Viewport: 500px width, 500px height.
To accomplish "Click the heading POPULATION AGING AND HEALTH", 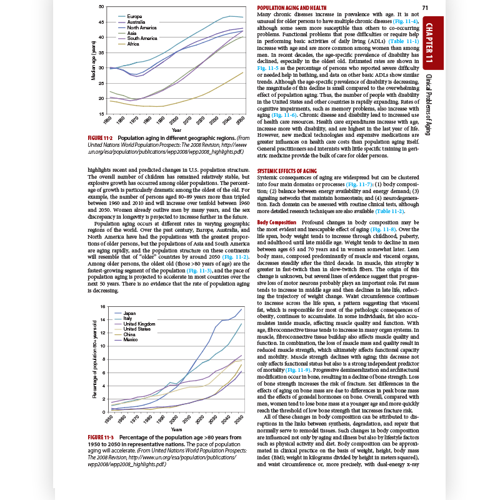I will point(292,7).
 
